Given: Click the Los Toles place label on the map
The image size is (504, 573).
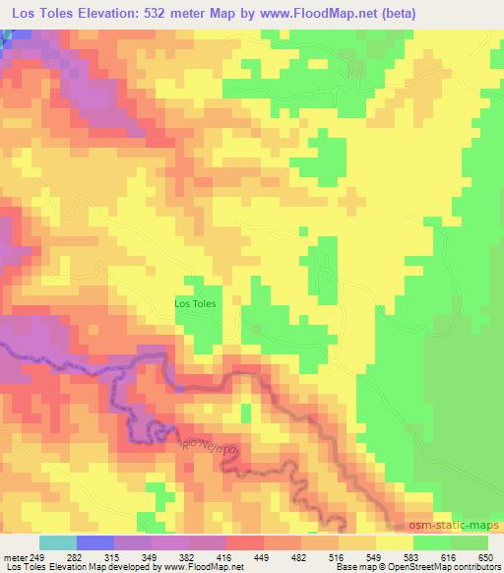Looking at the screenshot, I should [195, 303].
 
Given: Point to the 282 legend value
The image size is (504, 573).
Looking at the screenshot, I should [77, 556].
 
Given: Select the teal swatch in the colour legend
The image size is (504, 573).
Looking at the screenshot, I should [58, 542].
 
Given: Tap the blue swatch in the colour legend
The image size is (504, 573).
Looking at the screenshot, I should [95, 542].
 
